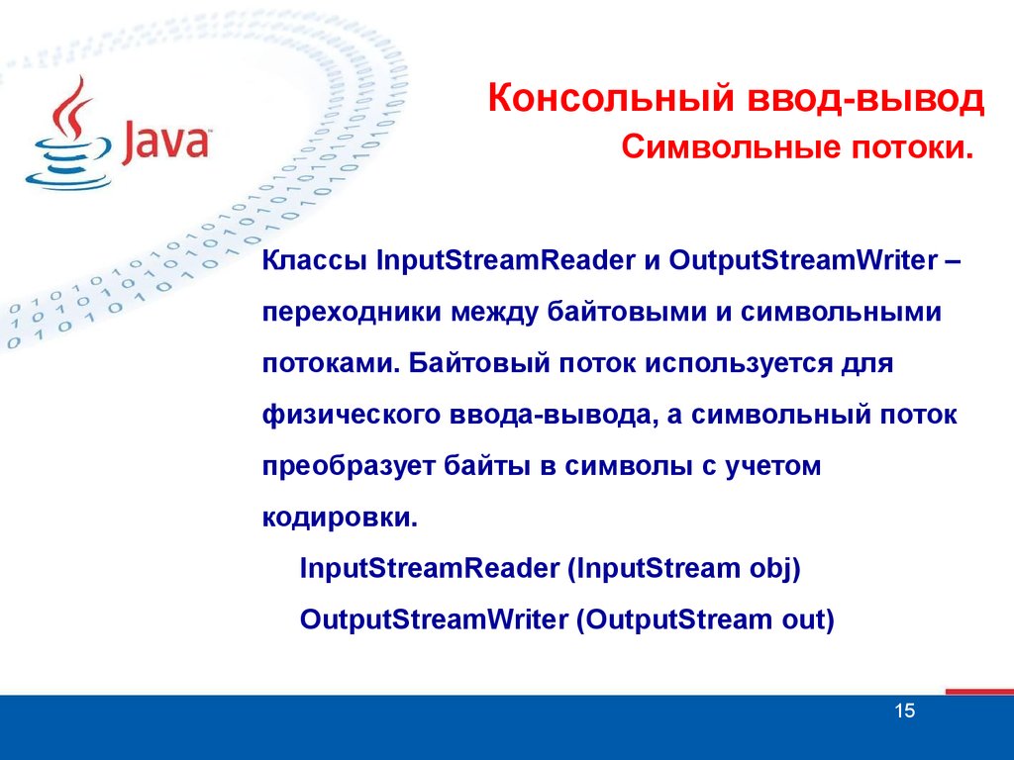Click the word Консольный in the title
tap(611, 99)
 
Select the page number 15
tap(905, 711)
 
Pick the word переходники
tap(352, 312)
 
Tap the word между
tap(495, 312)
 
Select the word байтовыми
tap(627, 312)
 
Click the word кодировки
tap(341, 518)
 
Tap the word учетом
tap(772, 467)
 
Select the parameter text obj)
tap(774, 569)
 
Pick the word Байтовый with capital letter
tap(479, 363)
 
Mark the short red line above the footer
tap(979, 692)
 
